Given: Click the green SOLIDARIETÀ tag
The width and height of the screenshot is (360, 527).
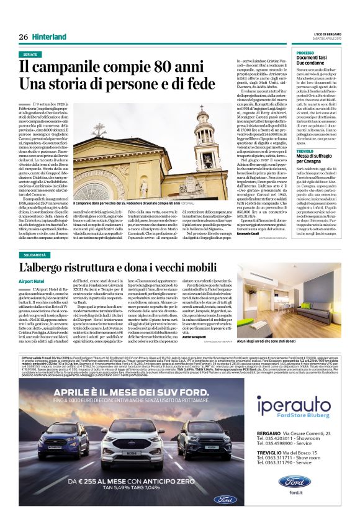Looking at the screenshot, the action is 35,254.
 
